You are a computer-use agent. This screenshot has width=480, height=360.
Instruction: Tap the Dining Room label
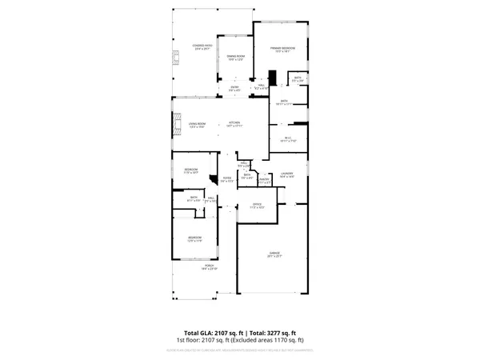click(235, 58)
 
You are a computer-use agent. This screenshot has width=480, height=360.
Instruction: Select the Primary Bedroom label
click(282, 50)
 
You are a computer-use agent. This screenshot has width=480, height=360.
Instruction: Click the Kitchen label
click(234, 125)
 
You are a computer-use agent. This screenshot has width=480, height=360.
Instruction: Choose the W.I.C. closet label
click(288, 139)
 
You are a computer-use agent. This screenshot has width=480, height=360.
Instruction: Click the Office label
click(257, 206)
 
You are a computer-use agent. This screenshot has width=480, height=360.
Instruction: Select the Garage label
click(274, 255)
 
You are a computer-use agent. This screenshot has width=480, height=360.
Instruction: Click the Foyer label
click(226, 179)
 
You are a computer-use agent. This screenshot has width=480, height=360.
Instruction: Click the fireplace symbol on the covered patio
click(174, 58)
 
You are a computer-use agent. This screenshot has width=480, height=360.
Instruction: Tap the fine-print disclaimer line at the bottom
click(240, 350)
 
